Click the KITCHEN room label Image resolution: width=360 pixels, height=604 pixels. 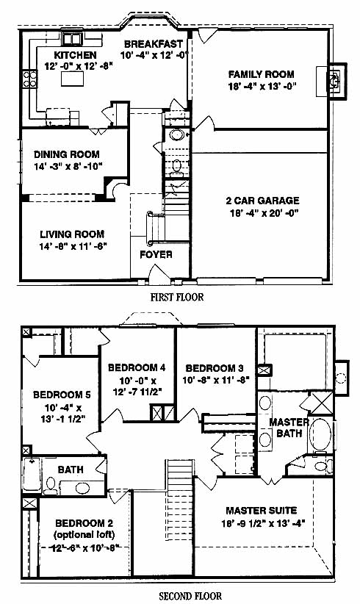pos(75,54)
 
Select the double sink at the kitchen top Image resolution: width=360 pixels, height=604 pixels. pos(72,39)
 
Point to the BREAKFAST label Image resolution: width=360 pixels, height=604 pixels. pos(154,43)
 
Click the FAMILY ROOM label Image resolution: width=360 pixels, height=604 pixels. pos(261,74)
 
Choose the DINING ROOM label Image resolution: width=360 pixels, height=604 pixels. pos(67,154)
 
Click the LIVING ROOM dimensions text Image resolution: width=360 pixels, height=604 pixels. pos(73,245)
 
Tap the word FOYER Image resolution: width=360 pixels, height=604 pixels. pos(156,255)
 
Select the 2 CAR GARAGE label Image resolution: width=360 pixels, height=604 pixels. pos(262,201)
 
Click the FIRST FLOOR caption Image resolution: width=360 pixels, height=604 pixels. pos(177,297)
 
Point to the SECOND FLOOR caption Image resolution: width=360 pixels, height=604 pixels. pos(190,596)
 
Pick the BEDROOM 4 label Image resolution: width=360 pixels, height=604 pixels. pos(137,367)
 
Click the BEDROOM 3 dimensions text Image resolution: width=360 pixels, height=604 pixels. pos(216,380)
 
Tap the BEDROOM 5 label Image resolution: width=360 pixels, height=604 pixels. pos(62,395)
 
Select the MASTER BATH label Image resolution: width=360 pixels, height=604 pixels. pos(289,428)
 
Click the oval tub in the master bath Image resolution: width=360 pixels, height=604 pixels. pos(320,434)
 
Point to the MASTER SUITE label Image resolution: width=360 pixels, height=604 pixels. pos(261,511)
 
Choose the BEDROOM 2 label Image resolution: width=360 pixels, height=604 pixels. pos(84,523)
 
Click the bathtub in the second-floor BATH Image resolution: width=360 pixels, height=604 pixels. pos(32,474)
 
